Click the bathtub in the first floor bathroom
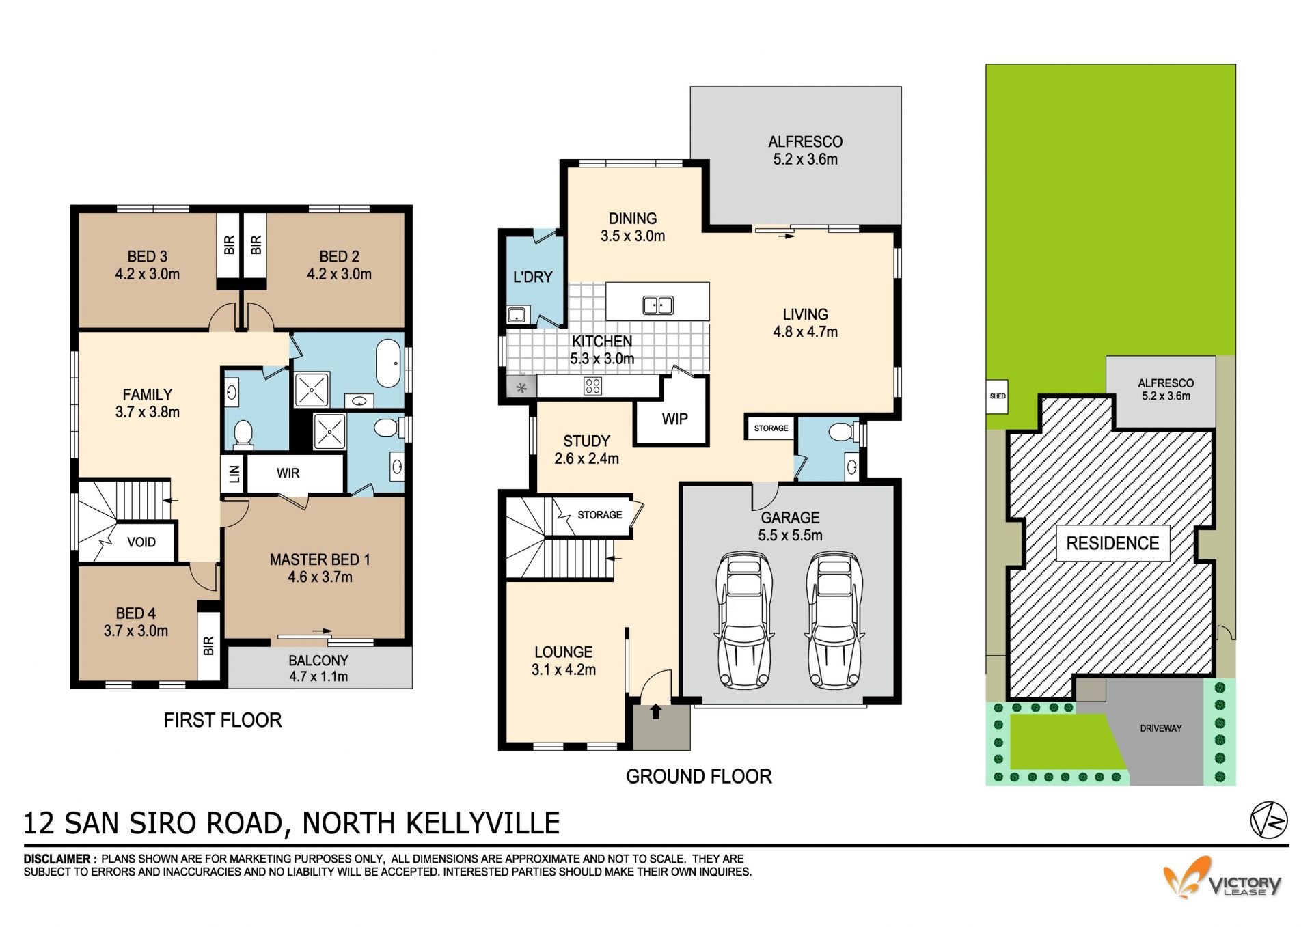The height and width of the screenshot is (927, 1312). (389, 363)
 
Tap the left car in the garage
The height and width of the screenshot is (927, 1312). (744, 620)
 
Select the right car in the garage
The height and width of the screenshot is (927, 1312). (834, 620)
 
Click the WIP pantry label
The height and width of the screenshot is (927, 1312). (674, 419)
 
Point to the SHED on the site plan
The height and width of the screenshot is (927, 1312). (998, 396)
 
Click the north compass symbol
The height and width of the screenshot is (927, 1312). (1269, 819)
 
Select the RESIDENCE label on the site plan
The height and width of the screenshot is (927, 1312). (1112, 543)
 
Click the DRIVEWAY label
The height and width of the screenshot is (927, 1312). (1160, 728)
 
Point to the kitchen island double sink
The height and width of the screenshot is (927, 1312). (658, 305)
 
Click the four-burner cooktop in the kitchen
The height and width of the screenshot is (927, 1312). (592, 386)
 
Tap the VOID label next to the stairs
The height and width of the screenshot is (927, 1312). (141, 542)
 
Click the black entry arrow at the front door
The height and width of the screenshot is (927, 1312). (656, 712)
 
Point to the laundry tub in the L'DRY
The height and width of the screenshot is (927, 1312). (517, 314)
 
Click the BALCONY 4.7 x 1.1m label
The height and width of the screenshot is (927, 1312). (318, 669)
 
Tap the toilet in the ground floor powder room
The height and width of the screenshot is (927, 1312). (842, 432)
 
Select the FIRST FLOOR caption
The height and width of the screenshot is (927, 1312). (223, 720)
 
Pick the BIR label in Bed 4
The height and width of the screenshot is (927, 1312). (209, 646)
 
